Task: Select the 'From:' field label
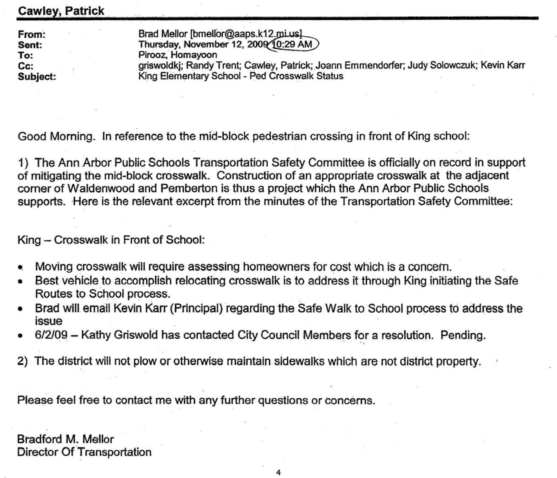point(31,34)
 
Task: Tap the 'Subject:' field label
point(37,77)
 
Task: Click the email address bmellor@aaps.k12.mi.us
point(246,34)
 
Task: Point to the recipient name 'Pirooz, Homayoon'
point(178,55)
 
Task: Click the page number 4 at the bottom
point(278,472)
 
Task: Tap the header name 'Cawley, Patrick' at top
point(61,11)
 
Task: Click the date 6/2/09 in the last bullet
point(51,335)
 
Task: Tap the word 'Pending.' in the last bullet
point(463,335)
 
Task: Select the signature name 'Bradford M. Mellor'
point(65,439)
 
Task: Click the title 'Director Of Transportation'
point(84,452)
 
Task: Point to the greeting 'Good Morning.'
point(56,136)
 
